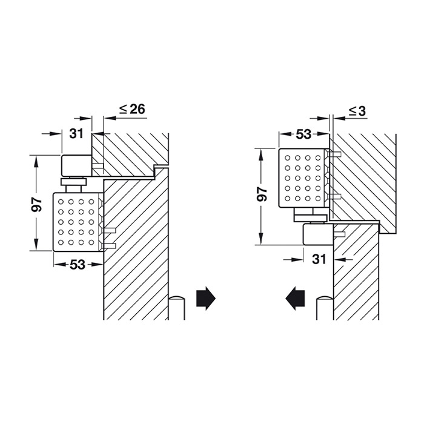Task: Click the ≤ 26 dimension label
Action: (132, 109)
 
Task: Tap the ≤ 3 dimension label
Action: (357, 111)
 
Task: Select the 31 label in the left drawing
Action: (76, 133)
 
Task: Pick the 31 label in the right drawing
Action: (319, 259)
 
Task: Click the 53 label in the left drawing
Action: (78, 265)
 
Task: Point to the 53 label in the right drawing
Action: (303, 134)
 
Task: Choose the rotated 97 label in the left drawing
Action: (36, 205)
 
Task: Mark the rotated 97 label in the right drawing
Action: (262, 194)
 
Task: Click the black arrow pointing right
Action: (206, 298)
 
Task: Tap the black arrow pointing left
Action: (296, 298)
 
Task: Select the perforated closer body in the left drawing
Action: (78, 222)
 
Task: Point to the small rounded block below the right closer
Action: (318, 234)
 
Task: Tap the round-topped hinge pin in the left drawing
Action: (177, 308)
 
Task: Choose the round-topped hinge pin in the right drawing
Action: (325, 308)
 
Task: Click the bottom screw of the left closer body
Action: (109, 246)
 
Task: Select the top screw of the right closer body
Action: (335, 154)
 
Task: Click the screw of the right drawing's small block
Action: (339, 234)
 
